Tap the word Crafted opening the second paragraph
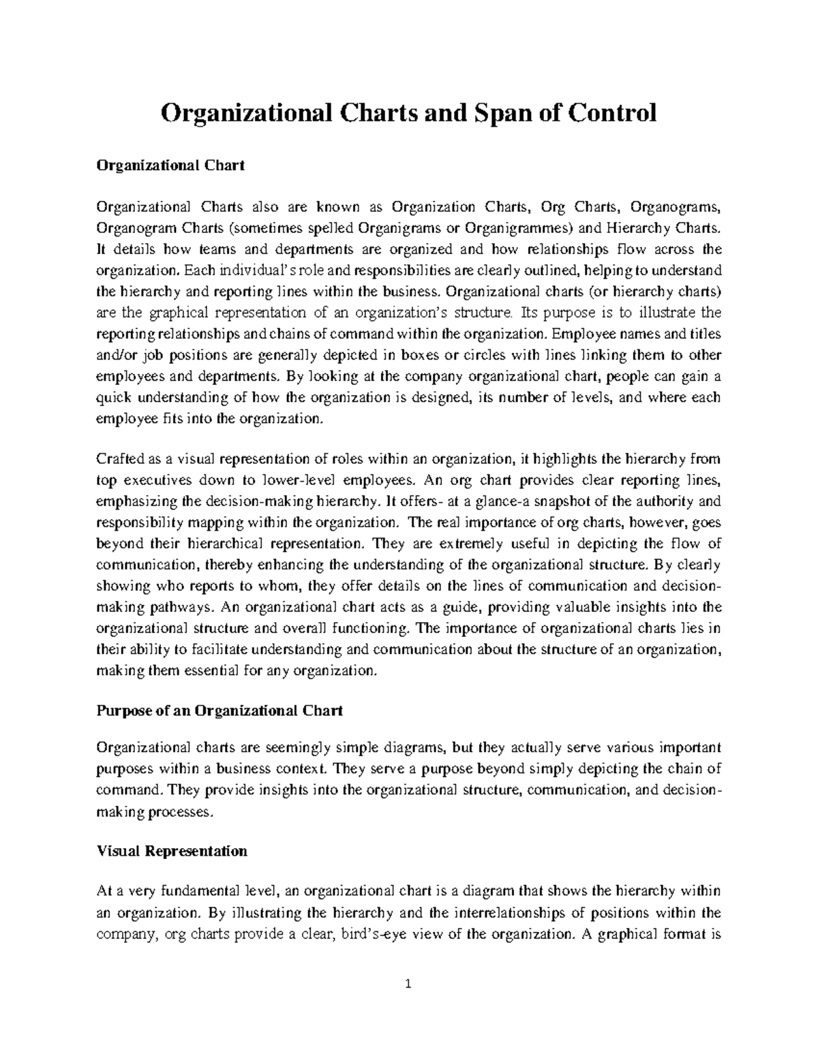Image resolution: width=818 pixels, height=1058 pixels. coord(119,458)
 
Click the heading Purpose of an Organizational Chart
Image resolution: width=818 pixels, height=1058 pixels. coord(219,711)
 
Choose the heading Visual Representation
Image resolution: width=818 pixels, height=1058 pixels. coord(172,852)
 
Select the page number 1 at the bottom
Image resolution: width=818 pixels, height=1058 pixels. coord(409,1003)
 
